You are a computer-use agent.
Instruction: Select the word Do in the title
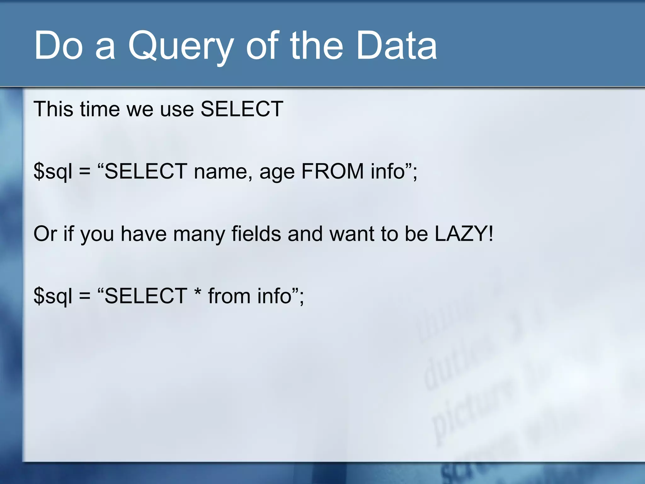click(x=58, y=46)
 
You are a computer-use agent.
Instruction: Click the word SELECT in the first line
click(x=242, y=109)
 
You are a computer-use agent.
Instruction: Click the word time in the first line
click(x=100, y=109)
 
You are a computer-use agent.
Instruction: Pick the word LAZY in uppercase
click(x=460, y=234)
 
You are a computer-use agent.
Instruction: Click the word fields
click(x=256, y=234)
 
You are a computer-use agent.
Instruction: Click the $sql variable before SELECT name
click(x=53, y=172)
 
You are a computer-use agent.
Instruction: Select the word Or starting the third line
click(x=45, y=234)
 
